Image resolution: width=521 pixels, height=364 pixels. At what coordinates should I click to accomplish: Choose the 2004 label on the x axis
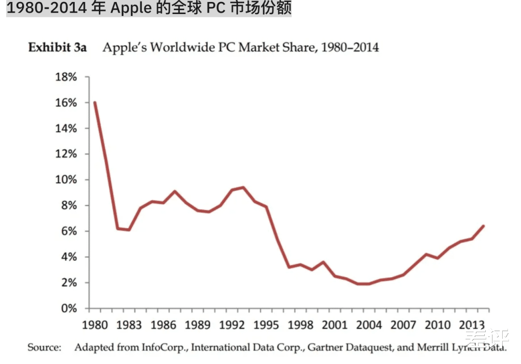click(369, 324)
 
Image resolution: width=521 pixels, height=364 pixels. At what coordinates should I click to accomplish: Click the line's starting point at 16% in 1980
click(95, 102)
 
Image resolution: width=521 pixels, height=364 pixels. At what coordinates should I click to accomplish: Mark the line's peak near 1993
click(243, 187)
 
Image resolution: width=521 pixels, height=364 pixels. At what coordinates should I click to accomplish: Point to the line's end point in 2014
click(483, 226)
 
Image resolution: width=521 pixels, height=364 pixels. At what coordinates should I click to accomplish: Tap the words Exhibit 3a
click(57, 47)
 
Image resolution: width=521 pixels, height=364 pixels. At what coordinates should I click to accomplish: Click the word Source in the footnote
click(44, 347)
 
